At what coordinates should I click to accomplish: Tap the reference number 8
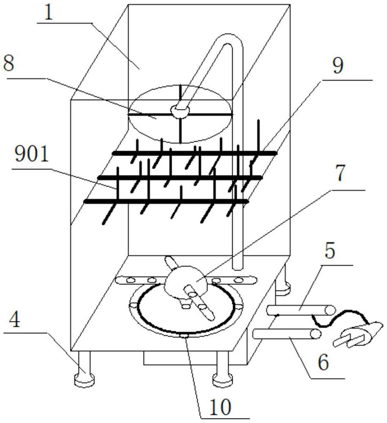click(x=8, y=64)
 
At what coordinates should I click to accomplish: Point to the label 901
click(x=32, y=154)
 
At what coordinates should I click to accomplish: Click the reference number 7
click(x=341, y=173)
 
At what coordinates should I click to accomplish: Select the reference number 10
click(x=220, y=407)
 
